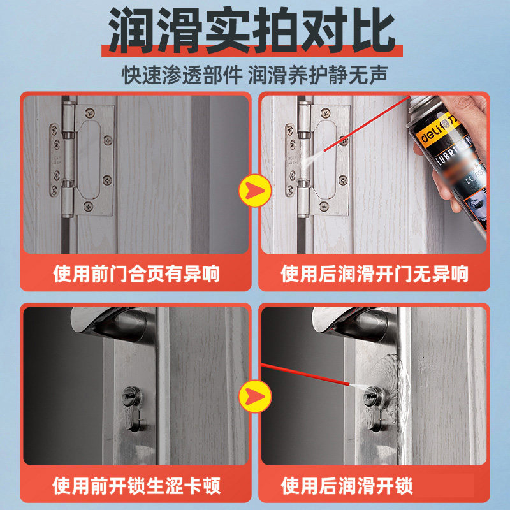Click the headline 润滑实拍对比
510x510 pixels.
[255, 30]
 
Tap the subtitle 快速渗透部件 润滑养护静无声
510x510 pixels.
[255, 73]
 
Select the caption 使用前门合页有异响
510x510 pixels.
[136, 274]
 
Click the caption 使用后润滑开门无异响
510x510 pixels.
[374, 274]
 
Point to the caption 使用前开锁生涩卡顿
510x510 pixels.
[136, 486]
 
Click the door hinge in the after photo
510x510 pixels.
[319, 159]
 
